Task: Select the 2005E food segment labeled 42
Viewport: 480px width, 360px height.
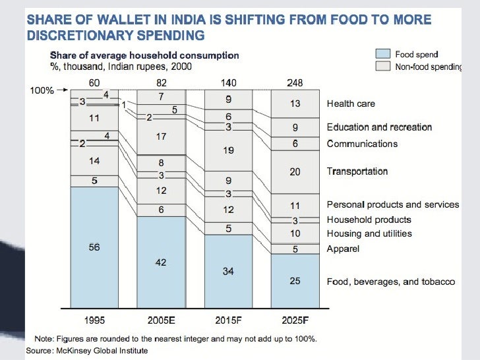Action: (x=161, y=262)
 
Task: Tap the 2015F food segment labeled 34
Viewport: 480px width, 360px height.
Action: (x=228, y=271)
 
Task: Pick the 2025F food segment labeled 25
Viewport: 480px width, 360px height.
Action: (x=295, y=282)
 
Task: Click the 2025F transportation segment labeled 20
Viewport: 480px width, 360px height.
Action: (x=295, y=171)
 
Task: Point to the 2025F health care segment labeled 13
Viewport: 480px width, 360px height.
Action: (x=295, y=104)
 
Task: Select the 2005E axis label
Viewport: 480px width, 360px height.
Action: (x=161, y=320)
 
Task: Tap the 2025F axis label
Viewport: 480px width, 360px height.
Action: (x=295, y=320)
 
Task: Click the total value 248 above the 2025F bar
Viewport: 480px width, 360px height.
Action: (x=295, y=82)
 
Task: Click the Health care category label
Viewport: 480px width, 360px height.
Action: (x=351, y=104)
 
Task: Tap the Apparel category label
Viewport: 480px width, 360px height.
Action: (x=343, y=249)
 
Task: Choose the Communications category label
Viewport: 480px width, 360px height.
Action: (x=362, y=144)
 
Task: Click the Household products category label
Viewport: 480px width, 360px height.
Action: (x=369, y=220)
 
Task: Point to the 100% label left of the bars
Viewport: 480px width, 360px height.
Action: (x=42, y=90)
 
